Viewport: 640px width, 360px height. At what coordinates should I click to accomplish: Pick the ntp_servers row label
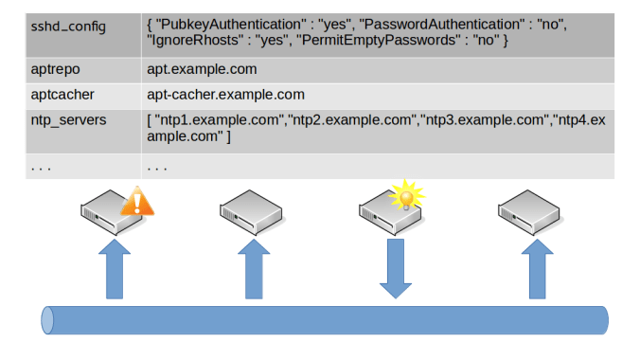tap(67, 120)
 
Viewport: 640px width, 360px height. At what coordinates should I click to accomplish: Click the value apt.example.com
tap(202, 69)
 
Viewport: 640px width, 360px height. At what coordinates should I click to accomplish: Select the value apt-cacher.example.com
tap(225, 94)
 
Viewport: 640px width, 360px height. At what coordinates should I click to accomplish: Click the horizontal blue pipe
tap(322, 319)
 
